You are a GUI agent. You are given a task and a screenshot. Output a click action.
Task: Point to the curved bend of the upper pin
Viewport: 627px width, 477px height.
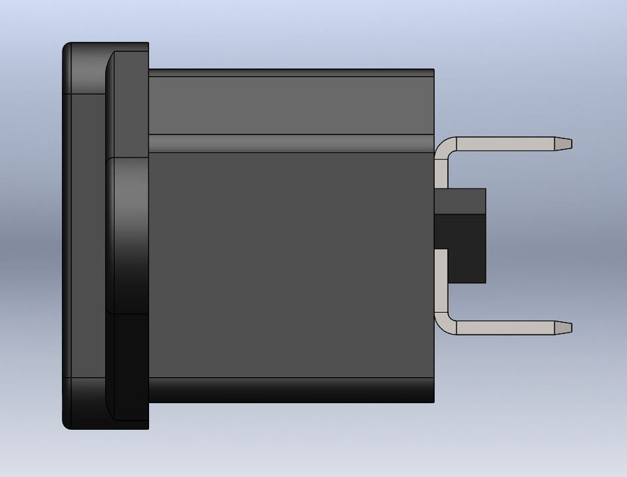coord(444,146)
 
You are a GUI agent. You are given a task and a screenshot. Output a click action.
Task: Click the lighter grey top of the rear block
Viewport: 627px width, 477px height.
coord(460,201)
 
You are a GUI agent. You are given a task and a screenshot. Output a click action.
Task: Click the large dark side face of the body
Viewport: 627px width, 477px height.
coord(291,261)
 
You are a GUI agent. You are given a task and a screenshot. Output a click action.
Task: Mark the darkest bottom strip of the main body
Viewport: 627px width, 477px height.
coord(291,390)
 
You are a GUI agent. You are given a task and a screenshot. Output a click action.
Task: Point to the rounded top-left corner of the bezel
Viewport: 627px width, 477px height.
coord(69,49)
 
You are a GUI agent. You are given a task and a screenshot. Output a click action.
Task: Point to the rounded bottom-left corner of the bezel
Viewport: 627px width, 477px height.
coord(69,423)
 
